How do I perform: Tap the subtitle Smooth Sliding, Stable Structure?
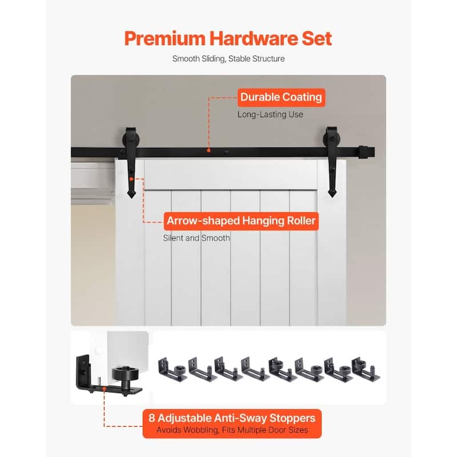[x=228, y=59]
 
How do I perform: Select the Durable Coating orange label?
[x=281, y=97]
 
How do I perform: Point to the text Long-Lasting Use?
[x=270, y=114]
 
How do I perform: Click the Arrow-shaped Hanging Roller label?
[x=241, y=221]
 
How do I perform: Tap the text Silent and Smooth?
[x=197, y=238]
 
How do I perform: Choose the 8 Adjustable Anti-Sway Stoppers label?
[x=232, y=423]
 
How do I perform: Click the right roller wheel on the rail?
[x=332, y=139]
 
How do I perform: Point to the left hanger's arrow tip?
[x=132, y=198]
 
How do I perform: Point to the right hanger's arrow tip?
[x=332, y=197]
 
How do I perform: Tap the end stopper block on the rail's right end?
[x=363, y=152]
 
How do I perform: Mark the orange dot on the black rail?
[x=209, y=150]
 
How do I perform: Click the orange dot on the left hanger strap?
[x=131, y=179]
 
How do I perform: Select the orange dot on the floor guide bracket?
[x=104, y=389]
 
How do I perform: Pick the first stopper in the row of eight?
[x=173, y=369]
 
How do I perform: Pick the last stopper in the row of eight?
[x=366, y=369]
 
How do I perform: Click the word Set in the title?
[x=317, y=38]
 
